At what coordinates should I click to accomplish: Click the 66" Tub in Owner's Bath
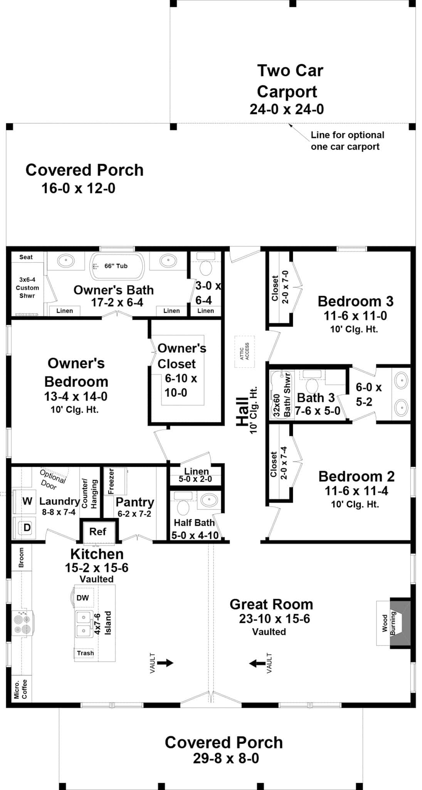point(117,266)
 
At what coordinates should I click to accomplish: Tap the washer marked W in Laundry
point(27,501)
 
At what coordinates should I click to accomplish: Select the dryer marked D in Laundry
point(27,527)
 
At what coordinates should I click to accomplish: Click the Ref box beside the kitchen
point(98,532)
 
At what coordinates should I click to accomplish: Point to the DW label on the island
point(83,598)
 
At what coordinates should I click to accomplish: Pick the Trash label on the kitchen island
point(85,653)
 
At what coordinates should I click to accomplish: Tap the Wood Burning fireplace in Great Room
point(393,623)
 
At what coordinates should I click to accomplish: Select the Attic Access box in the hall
point(245,351)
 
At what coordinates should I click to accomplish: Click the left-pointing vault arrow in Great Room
point(257,663)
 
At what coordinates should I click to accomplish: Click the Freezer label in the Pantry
point(111,481)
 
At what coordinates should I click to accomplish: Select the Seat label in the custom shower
point(26,257)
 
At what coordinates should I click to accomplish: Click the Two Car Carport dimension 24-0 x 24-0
point(287,110)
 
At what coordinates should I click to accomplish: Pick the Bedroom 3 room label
point(355,301)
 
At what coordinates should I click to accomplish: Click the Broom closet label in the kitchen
point(21,557)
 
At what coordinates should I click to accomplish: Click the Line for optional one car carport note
point(347,141)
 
